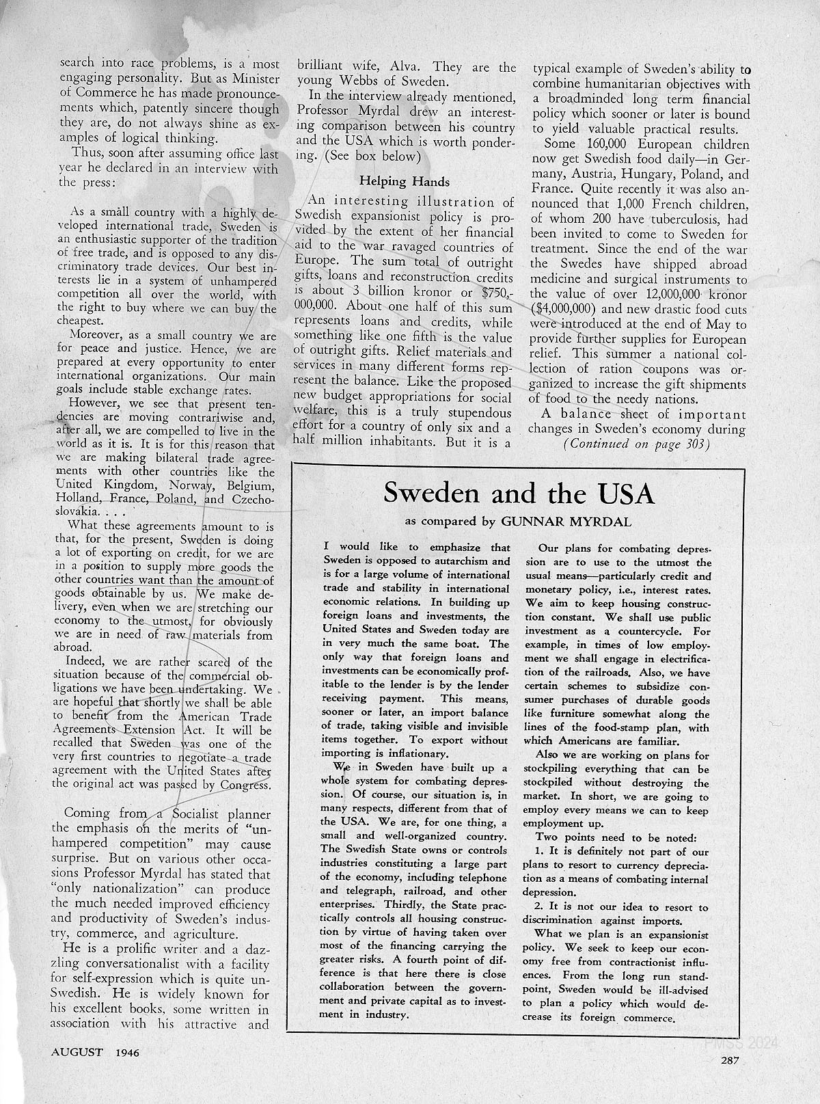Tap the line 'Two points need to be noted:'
click(x=616, y=837)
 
